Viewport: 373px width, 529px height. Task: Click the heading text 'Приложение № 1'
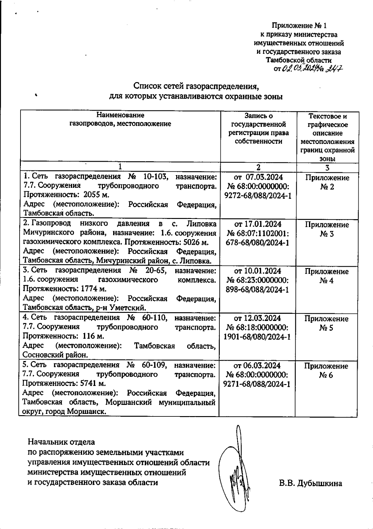pyautogui.click(x=299, y=25)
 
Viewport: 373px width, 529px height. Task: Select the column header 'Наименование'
pyautogui.click(x=120, y=115)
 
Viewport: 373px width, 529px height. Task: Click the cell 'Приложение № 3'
pyautogui.click(x=327, y=229)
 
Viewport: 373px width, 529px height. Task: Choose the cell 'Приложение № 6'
pyautogui.click(x=326, y=370)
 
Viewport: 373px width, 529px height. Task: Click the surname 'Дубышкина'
pyautogui.click(x=320, y=484)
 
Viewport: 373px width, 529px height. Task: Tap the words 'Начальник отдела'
pyautogui.click(x=61, y=442)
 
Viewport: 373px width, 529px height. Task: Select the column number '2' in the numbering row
pyautogui.click(x=258, y=167)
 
